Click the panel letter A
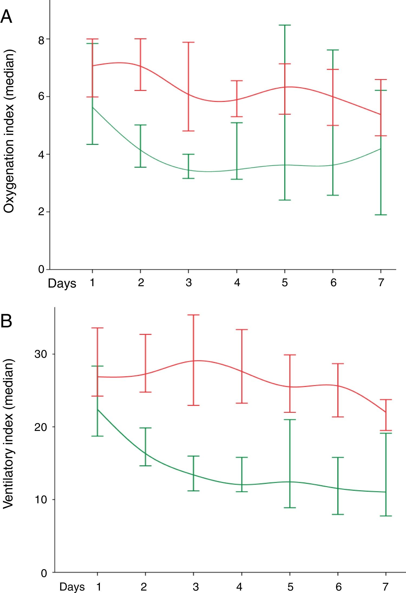click(6, 17)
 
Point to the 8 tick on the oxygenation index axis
click(41, 40)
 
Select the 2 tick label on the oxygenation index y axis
click(41, 212)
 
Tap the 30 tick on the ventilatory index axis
click(41, 354)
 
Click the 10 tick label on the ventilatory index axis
click(41, 499)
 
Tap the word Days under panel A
click(62, 283)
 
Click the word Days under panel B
click(72, 587)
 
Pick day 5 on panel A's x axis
click(285, 283)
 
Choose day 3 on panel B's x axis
click(196, 587)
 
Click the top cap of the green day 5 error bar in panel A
click(285, 25)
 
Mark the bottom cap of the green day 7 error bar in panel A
click(381, 215)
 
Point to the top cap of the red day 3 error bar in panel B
click(194, 315)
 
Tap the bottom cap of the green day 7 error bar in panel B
click(386, 516)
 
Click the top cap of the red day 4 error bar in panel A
click(237, 81)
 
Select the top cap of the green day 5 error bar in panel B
click(290, 420)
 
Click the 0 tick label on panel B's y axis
click(44, 573)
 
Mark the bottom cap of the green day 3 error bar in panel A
click(188, 178)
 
